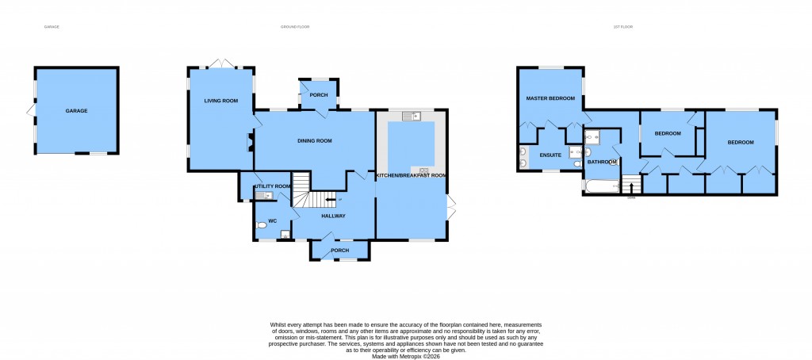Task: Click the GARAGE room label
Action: click(76, 110)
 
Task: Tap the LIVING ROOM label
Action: click(221, 101)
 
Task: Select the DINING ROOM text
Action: click(314, 141)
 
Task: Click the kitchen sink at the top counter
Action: click(410, 117)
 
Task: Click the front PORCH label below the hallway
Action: click(340, 251)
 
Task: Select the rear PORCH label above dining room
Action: click(320, 95)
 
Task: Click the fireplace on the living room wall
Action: click(250, 143)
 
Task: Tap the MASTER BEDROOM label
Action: click(551, 98)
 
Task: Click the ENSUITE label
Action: click(550, 155)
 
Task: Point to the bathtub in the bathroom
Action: click(600, 188)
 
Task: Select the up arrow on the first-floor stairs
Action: click(631, 187)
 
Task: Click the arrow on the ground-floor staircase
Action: click(327, 201)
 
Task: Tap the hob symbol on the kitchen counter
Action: click(423, 170)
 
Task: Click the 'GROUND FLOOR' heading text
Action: click(295, 27)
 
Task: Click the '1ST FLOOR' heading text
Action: click(622, 27)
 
